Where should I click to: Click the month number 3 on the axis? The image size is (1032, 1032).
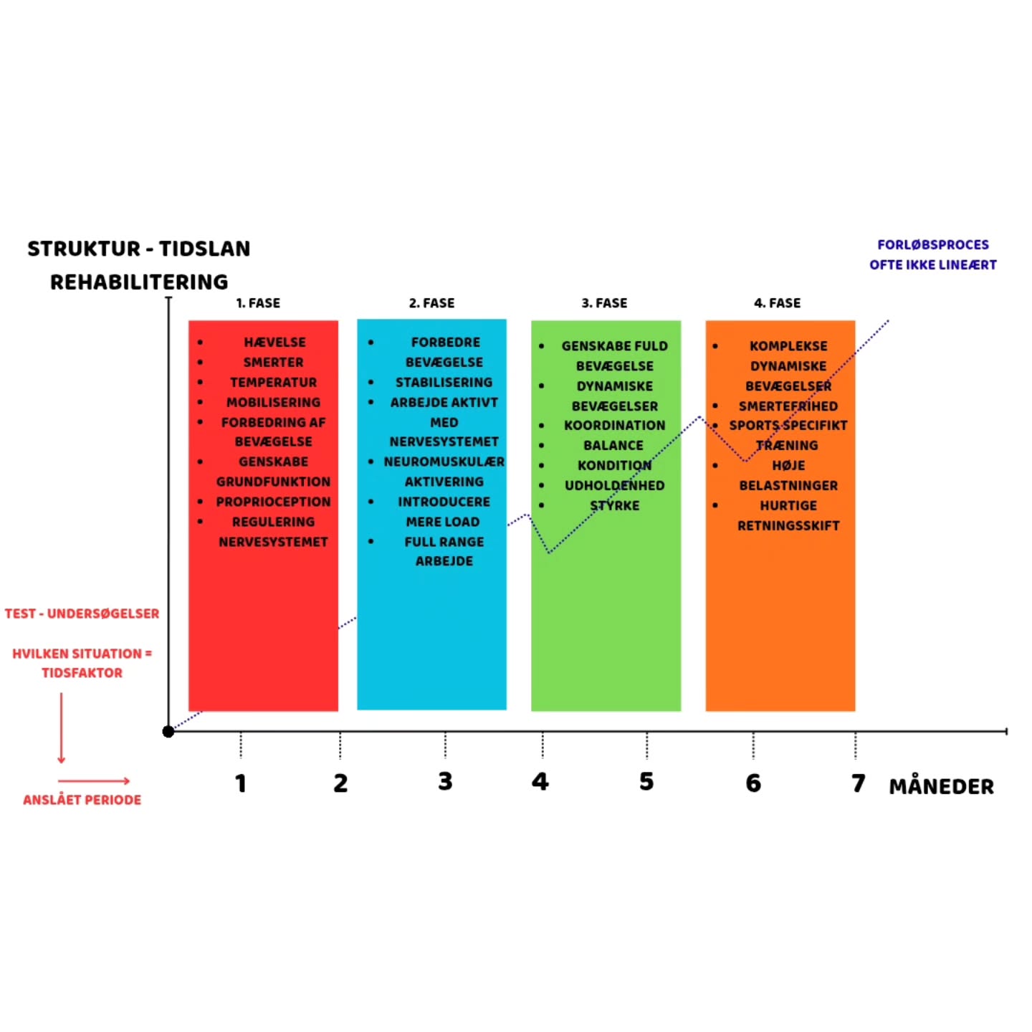click(445, 781)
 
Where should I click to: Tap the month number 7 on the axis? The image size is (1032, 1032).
click(858, 783)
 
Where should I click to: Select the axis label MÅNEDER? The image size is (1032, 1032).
click(941, 787)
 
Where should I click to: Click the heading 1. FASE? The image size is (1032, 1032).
click(258, 303)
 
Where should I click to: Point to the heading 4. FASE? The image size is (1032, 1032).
click(777, 303)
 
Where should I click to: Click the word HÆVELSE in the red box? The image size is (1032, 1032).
click(274, 343)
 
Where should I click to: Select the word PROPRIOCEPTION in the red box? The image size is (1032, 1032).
click(273, 502)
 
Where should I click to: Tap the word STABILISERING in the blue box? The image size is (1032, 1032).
click(444, 383)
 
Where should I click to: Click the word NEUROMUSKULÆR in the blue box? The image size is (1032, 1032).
click(444, 462)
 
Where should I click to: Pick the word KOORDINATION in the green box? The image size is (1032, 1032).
click(614, 426)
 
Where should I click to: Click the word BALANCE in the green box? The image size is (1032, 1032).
click(613, 446)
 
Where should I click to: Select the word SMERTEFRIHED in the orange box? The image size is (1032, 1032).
click(788, 406)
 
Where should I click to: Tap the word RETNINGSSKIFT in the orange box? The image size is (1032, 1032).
click(788, 526)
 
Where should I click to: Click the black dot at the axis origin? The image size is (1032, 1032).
click(168, 731)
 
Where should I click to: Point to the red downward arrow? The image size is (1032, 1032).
click(62, 727)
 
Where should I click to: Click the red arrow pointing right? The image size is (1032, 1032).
click(94, 780)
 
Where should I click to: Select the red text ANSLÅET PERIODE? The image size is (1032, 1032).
click(82, 800)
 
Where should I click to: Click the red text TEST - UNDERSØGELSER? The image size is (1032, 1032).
click(82, 613)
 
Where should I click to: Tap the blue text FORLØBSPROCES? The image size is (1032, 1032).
click(932, 245)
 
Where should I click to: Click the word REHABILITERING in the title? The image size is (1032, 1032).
click(139, 282)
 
